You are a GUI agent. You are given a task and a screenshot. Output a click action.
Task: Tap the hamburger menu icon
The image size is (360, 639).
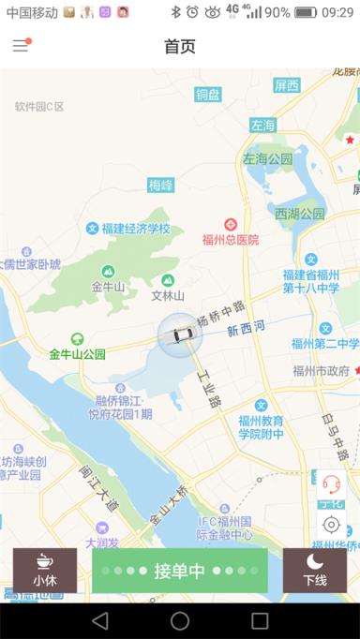tap(21, 46)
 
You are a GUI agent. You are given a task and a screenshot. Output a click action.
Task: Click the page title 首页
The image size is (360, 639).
tap(180, 46)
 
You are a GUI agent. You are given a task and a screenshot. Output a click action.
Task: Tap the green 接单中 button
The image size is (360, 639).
tap(180, 571)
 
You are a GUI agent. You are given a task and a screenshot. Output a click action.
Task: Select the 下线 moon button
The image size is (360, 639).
tap(314, 570)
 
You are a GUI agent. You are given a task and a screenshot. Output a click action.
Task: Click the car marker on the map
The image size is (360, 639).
tap(180, 334)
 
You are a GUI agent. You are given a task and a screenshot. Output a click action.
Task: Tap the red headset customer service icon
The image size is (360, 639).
tap(331, 483)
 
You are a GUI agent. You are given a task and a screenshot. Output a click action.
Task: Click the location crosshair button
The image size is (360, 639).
tap(331, 525)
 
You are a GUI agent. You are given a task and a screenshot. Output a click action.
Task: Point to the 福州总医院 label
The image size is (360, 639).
tap(230, 240)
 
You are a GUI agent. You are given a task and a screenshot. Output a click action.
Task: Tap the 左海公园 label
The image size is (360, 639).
tap(268, 159)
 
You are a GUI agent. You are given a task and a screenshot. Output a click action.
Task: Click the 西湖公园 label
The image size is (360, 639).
tap(300, 214)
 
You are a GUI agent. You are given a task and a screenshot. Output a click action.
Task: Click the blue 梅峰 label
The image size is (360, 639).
tap(161, 186)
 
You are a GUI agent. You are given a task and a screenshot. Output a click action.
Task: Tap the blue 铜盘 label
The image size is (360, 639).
tap(208, 94)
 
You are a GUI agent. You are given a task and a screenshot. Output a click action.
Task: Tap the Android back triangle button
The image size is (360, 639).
tap(99, 620)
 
